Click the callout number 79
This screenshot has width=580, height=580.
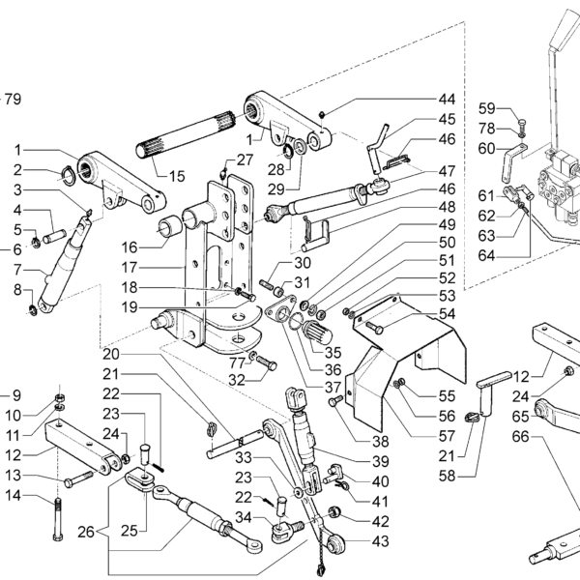click(13, 100)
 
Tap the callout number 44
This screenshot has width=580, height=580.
click(447, 100)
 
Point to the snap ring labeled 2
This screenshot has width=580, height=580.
click(68, 175)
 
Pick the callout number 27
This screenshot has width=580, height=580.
click(245, 160)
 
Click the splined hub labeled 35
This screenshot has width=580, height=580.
click(318, 332)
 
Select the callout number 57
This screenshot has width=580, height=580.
click(447, 436)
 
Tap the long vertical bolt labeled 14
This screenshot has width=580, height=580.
click(58, 519)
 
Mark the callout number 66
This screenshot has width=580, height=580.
click(521, 437)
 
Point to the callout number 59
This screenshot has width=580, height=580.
click(487, 108)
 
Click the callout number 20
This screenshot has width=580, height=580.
click(111, 355)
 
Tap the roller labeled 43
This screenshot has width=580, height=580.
click(335, 543)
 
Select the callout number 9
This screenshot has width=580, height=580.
click(16, 395)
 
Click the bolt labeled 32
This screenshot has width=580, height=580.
click(267, 362)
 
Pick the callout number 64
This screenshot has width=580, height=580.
click(487, 255)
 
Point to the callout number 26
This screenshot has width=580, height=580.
click(86, 533)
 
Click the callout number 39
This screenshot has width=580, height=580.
click(381, 462)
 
